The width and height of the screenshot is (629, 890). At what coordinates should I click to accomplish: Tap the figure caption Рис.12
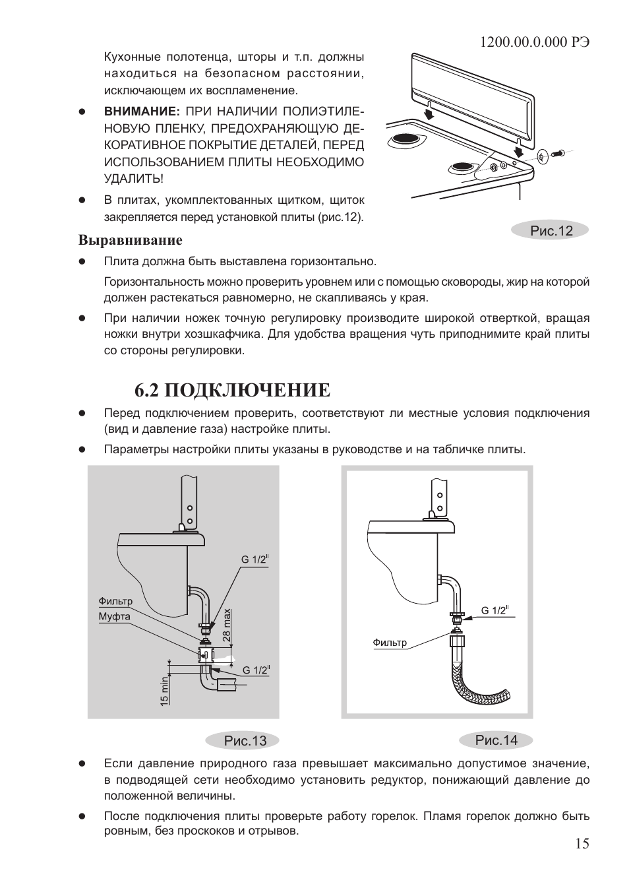point(551,230)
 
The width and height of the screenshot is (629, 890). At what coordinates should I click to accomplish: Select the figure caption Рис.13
point(245,741)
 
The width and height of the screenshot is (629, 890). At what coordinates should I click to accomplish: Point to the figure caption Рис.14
point(496,740)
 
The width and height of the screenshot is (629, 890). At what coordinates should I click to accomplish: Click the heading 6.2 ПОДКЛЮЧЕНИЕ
point(232,390)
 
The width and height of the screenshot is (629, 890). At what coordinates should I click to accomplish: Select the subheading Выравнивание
point(130,239)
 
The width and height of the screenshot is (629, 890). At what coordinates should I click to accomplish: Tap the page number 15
point(582,843)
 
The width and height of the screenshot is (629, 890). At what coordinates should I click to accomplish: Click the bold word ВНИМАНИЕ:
point(142,110)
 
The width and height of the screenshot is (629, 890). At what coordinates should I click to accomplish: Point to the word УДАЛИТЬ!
point(133,179)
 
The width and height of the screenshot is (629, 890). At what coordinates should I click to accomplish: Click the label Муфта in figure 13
point(114,616)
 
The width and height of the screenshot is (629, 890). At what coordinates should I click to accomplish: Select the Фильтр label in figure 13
point(115,601)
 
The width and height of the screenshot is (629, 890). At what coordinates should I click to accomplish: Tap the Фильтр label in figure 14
point(390,643)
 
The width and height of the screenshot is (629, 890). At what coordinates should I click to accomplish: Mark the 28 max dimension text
point(227,624)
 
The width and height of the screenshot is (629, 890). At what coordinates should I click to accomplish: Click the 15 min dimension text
point(164,691)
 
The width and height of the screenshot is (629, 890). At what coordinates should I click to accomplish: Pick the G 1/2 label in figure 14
point(494,610)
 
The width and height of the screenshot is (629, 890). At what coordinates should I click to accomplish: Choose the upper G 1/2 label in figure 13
point(255,559)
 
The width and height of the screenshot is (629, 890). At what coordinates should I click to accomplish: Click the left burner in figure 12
point(407,139)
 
